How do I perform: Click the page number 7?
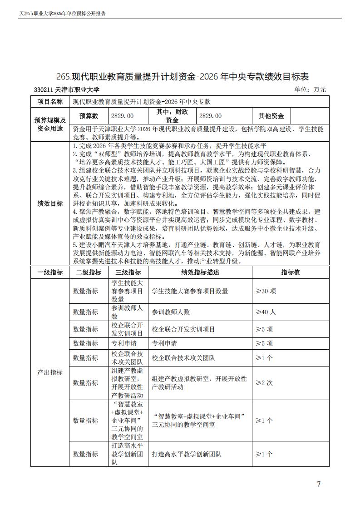click(319, 484)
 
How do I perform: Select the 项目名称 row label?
click(50, 102)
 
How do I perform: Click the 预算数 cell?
click(89, 116)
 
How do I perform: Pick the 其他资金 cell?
click(271, 116)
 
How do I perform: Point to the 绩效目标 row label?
click(50, 203)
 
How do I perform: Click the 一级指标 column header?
click(50, 272)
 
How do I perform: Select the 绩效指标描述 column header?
click(200, 272)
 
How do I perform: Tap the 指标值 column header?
click(291, 272)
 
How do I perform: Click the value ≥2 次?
click(264, 383)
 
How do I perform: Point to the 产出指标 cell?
click(50, 373)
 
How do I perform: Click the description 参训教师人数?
click(171, 312)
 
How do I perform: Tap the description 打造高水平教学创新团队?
click(187, 454)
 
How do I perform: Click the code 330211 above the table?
click(44, 90)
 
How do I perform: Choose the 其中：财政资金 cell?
click(172, 116)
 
